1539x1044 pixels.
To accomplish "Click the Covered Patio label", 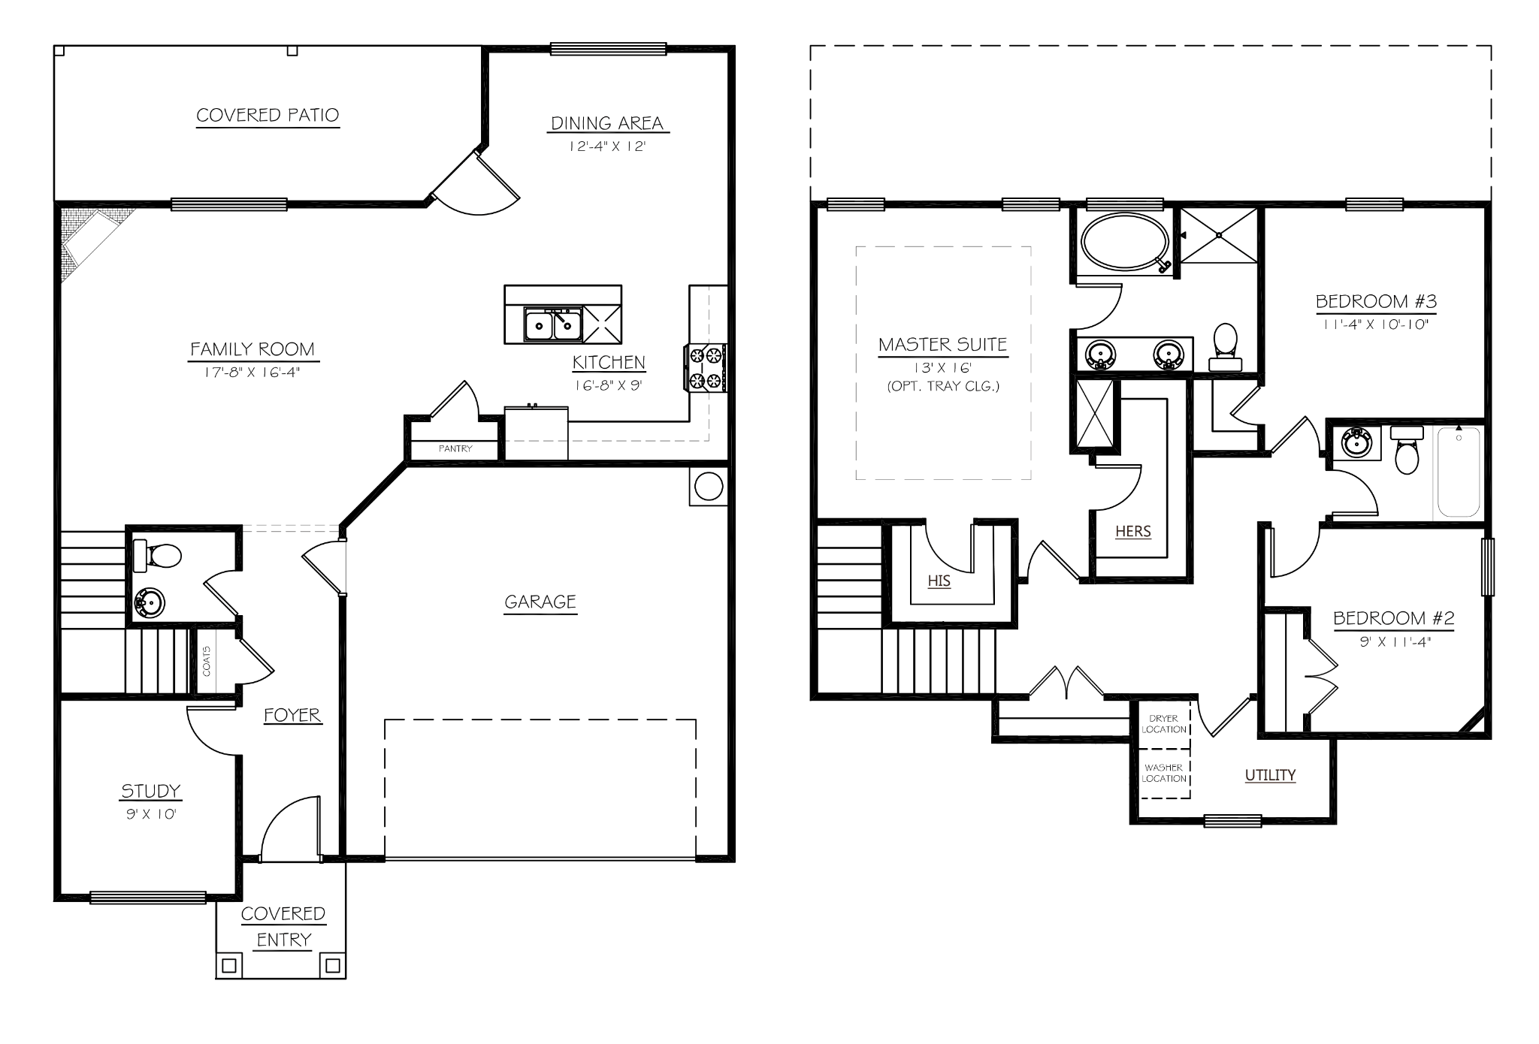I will click(268, 115).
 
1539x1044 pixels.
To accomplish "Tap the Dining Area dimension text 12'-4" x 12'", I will click(607, 146).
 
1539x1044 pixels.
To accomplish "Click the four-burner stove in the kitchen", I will click(706, 367).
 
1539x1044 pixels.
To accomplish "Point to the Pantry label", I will click(455, 448).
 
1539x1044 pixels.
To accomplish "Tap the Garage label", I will click(540, 602).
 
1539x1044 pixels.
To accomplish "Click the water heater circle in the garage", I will click(708, 487).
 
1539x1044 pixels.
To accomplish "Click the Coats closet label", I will click(207, 661).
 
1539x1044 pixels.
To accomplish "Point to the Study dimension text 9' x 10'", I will click(151, 814).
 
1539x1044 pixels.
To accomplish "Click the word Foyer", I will click(292, 715).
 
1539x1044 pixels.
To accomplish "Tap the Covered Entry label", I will click(283, 927).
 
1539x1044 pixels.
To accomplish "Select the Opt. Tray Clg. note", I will click(943, 388).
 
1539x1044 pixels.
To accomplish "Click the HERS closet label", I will click(1132, 531).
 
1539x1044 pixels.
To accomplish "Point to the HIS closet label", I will click(939, 581).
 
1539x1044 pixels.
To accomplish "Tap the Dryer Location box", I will click(1163, 724).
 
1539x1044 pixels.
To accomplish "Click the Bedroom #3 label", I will click(1375, 301).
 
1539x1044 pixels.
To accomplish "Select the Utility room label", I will click(1270, 775).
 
